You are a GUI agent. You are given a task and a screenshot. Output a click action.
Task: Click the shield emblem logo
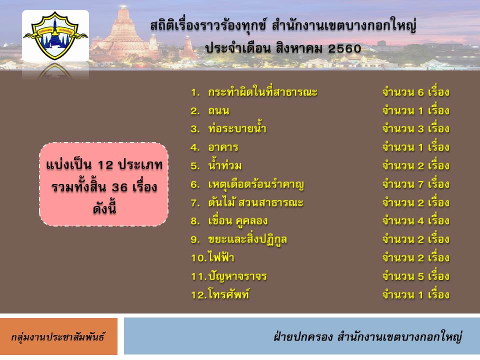point(55,35)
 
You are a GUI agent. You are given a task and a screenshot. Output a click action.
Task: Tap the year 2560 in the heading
point(344,48)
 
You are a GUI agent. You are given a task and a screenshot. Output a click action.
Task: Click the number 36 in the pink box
point(119,187)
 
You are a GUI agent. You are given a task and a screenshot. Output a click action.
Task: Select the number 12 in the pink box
point(105,165)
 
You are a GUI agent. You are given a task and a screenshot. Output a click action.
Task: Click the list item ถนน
point(218,110)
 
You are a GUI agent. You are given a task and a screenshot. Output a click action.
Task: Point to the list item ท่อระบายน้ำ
point(237,128)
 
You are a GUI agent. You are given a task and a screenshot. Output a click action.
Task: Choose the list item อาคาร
point(223,147)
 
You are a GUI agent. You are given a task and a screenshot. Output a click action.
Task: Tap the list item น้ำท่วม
point(225,165)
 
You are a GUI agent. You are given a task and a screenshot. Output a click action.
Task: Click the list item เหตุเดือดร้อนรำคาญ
point(256,184)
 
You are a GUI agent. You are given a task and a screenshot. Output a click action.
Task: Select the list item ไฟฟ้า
point(221,257)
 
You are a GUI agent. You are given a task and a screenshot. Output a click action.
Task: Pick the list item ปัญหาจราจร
point(237,276)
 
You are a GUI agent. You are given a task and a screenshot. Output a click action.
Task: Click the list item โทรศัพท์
point(228,294)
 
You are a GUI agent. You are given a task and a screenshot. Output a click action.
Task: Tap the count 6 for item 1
point(421,92)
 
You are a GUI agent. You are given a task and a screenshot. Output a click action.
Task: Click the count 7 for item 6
point(421,184)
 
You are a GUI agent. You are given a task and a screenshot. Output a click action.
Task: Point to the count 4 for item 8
point(421,221)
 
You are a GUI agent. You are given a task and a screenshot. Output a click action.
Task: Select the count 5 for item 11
point(421,276)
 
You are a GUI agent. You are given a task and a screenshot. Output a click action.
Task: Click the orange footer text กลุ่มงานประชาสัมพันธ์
point(58,336)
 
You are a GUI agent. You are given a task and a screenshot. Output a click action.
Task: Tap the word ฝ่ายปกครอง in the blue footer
point(303,336)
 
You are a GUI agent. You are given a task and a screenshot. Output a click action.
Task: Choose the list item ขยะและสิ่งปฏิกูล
point(247,239)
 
